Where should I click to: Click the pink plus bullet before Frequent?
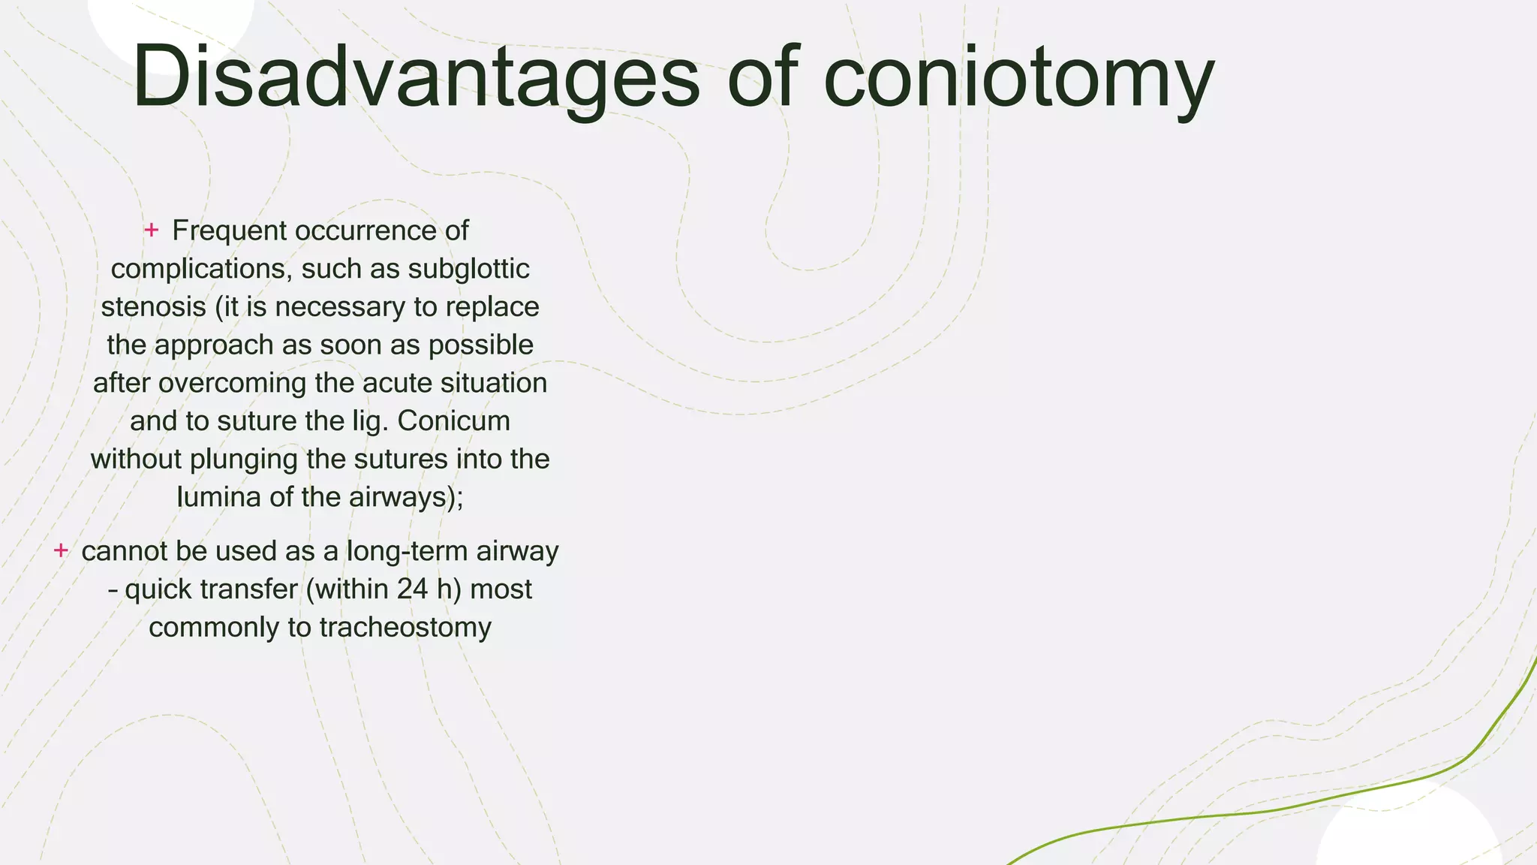click(x=151, y=230)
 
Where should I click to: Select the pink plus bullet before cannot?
click(x=61, y=550)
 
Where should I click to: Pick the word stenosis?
click(x=153, y=307)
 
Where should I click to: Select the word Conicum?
click(x=453, y=421)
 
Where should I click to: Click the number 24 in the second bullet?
click(x=412, y=589)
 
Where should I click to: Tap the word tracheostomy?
click(x=405, y=627)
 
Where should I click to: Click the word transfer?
click(x=253, y=589)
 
